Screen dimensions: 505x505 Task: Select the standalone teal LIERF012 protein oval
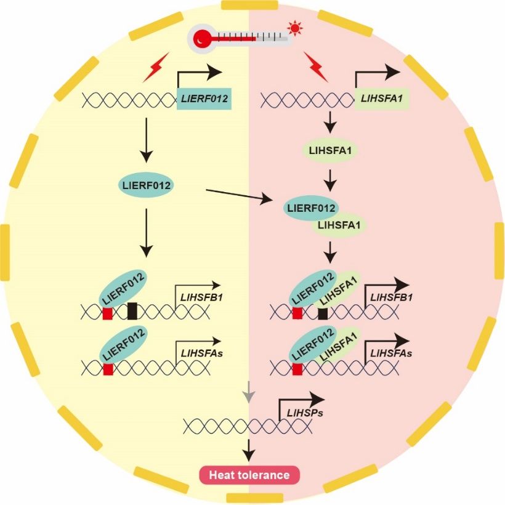tap(144, 185)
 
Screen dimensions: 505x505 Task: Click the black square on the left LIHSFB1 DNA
tap(132, 312)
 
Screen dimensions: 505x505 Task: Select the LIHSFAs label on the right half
tap(390, 354)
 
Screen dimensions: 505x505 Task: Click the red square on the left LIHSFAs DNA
tap(108, 369)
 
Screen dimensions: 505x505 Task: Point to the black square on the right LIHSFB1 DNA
tap(322, 313)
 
